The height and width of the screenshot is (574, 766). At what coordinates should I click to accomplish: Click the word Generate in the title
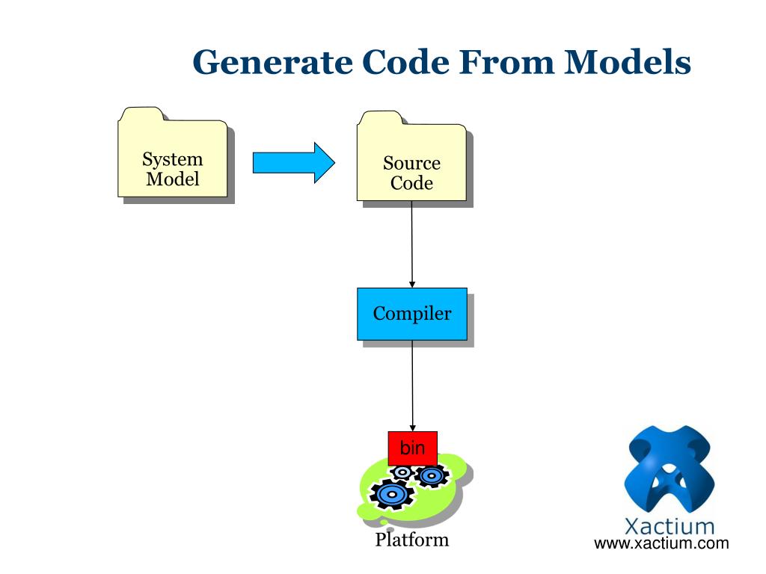272,62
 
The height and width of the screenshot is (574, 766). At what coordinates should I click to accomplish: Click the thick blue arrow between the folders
293,162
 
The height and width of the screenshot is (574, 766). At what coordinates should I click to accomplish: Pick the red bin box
412,448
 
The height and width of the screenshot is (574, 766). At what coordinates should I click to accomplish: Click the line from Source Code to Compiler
412,244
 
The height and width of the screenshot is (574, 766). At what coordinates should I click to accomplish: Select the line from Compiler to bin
412,386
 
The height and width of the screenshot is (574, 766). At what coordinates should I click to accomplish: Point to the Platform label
412,540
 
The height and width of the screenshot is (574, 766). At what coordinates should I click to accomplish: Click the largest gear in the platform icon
392,495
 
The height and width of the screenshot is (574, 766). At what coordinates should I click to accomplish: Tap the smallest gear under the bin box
402,472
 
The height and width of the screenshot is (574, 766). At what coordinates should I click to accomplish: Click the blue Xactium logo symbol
670,469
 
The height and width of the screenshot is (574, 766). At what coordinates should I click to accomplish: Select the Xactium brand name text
670,527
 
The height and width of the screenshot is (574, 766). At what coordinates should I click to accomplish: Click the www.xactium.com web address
661,543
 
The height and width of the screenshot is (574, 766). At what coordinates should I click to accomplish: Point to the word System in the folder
173,160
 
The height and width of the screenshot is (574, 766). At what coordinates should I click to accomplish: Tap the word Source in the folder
412,163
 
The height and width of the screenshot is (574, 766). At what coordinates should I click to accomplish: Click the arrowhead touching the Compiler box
412,285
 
